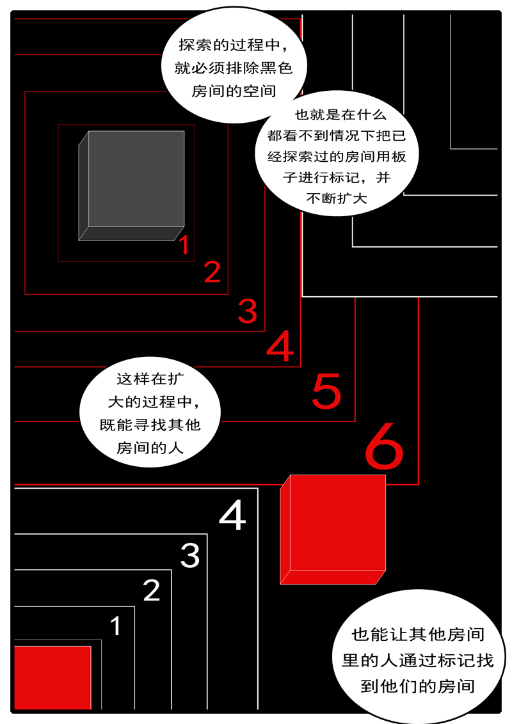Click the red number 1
pyautogui.click(x=184, y=246)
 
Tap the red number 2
pyautogui.click(x=212, y=272)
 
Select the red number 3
pyautogui.click(x=247, y=311)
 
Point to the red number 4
pyautogui.click(x=280, y=347)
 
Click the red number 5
pyautogui.click(x=326, y=391)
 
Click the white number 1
pyautogui.click(x=116, y=626)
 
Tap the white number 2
pyautogui.click(x=151, y=591)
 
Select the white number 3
pyautogui.click(x=190, y=555)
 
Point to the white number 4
pyautogui.click(x=232, y=517)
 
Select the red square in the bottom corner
pyautogui.click(x=52, y=677)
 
